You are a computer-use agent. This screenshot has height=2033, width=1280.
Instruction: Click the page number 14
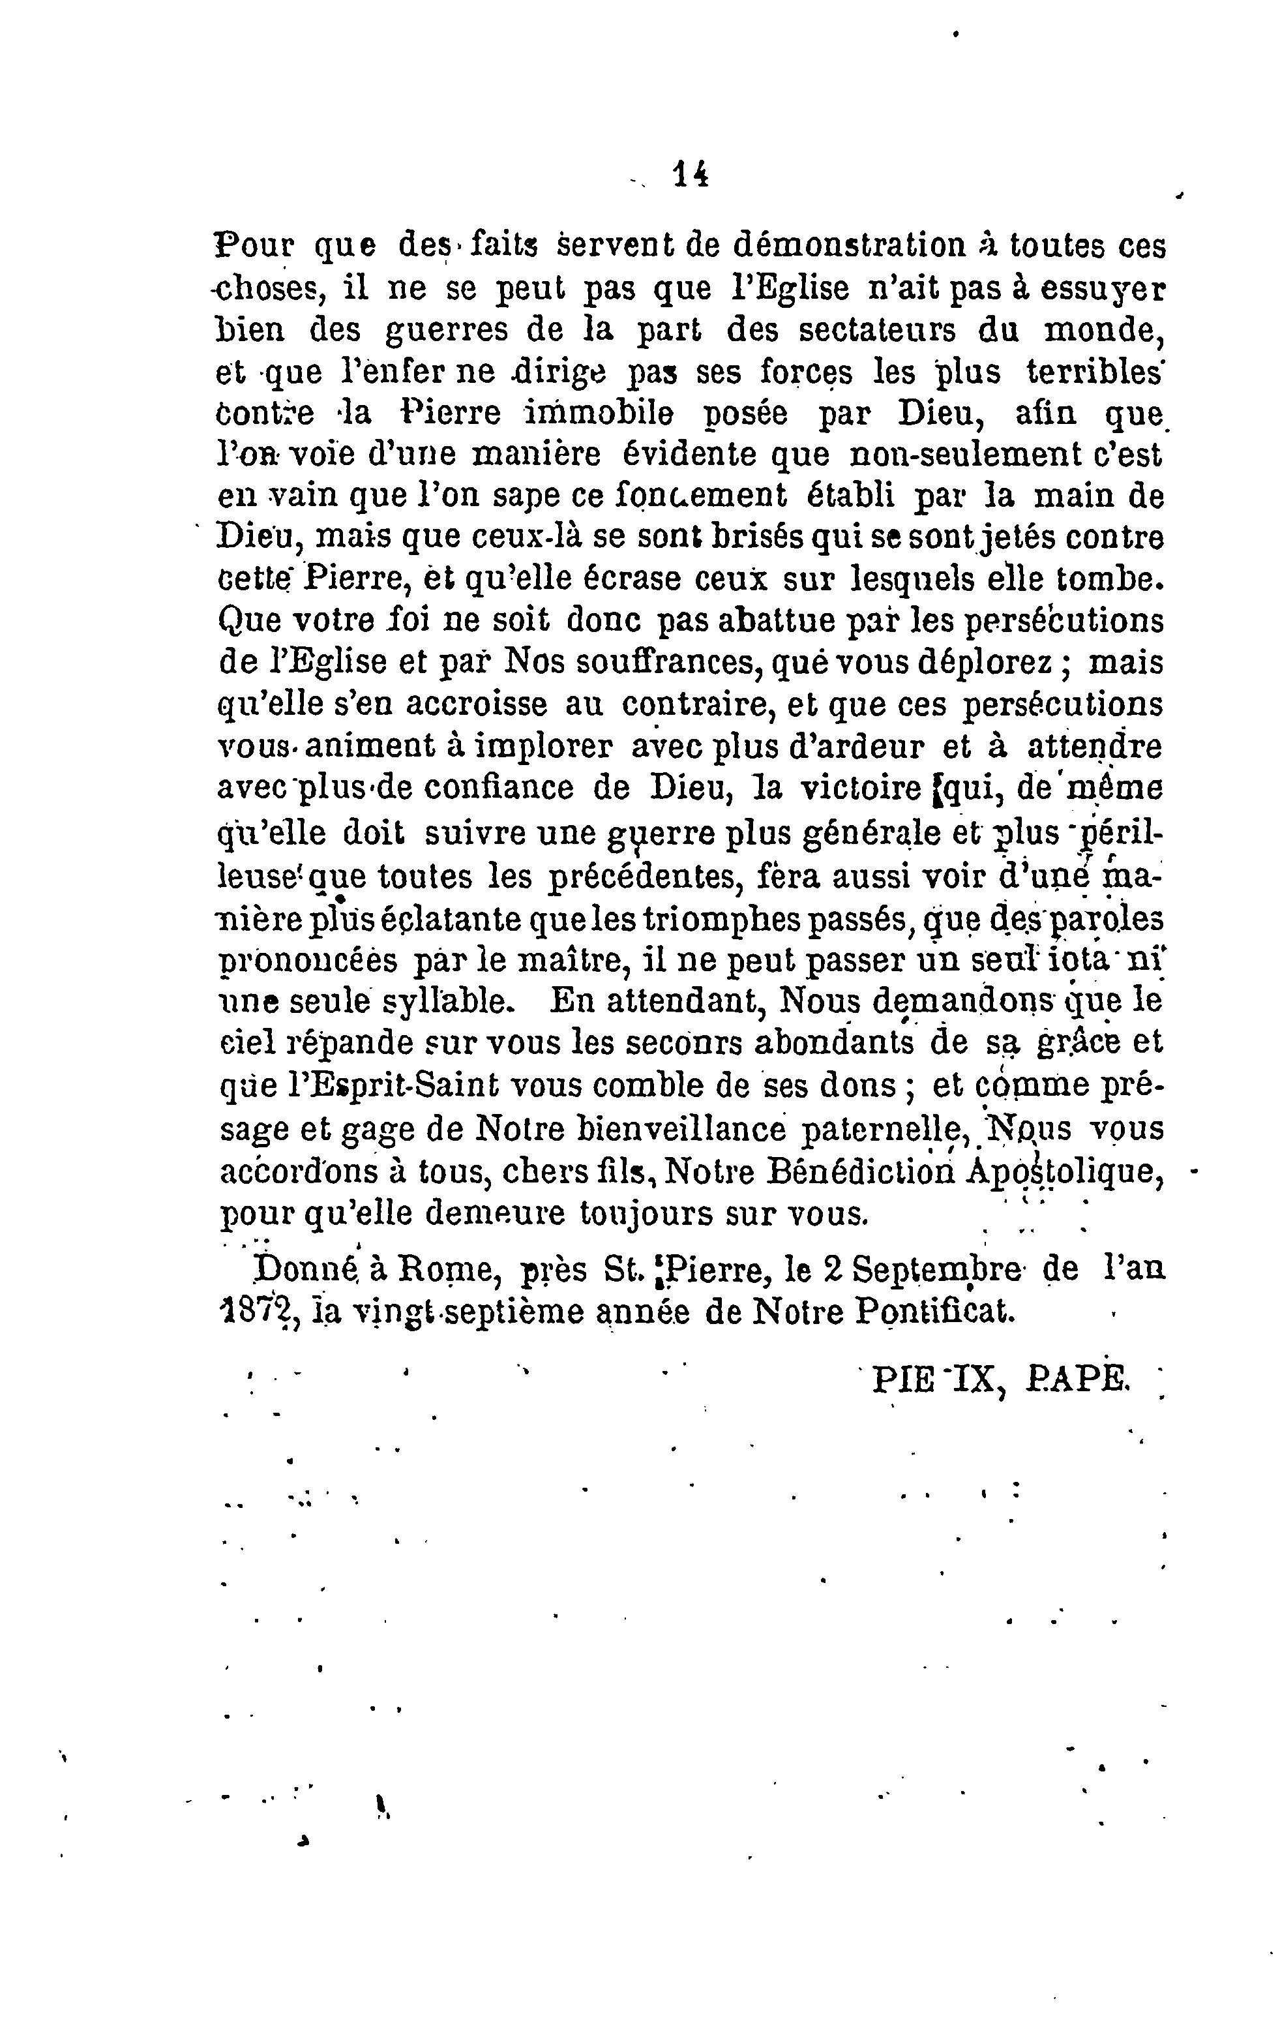coord(690,174)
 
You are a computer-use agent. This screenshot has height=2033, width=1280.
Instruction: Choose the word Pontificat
coord(933,1310)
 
